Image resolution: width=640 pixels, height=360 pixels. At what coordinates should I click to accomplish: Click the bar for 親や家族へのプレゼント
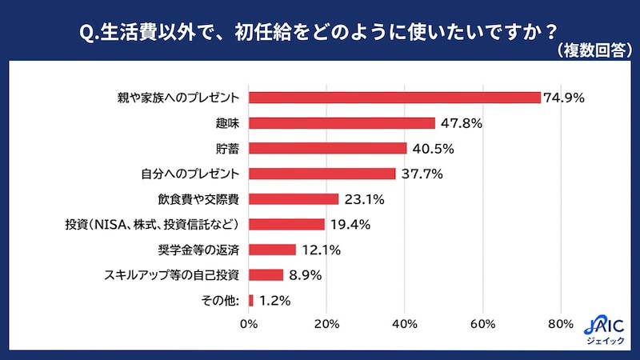(394, 98)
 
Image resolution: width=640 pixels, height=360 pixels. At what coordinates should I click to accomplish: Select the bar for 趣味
(342, 123)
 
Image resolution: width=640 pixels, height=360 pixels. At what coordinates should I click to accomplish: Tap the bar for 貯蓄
(327, 148)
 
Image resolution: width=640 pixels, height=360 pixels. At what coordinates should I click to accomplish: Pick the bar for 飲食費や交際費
(294, 198)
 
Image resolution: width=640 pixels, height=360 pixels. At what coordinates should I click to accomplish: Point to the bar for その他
(251, 300)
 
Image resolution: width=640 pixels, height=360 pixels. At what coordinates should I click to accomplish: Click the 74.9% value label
(565, 98)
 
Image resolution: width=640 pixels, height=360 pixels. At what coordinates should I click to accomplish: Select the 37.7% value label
(419, 174)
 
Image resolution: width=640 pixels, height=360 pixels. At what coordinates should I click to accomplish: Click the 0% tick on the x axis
(249, 324)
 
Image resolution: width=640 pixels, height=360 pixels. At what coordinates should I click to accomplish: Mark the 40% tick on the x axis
(405, 324)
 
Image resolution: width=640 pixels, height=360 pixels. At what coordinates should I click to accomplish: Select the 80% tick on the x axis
(561, 324)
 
